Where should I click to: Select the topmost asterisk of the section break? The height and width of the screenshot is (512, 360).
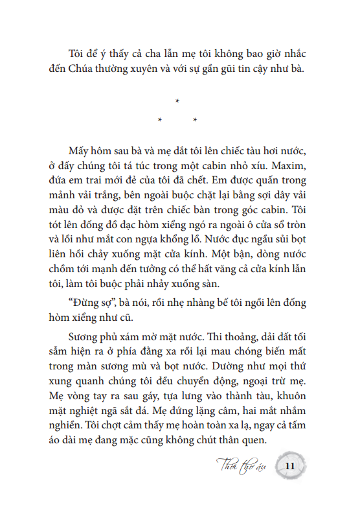click(x=177, y=100)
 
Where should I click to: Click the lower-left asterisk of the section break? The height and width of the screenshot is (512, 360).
click(x=159, y=121)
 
